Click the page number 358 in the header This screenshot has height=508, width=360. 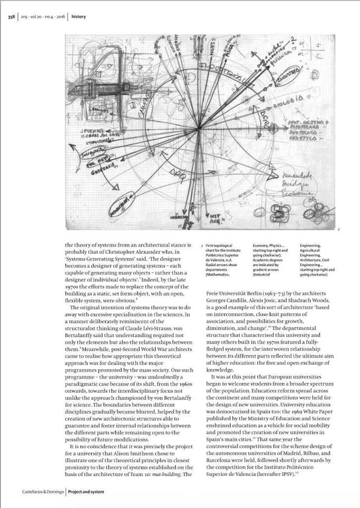(x=11, y=16)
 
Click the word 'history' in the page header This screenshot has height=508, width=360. (x=78, y=16)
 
